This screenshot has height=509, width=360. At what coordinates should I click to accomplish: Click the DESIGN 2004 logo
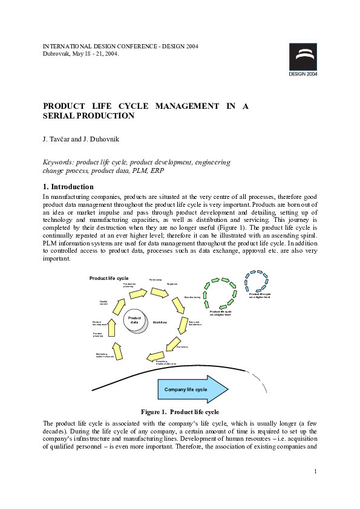click(x=303, y=60)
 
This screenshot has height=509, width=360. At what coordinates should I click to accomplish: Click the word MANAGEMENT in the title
click(x=187, y=106)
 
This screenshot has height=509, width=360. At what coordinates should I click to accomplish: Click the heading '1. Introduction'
click(x=68, y=187)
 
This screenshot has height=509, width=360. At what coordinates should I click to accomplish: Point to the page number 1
click(x=316, y=471)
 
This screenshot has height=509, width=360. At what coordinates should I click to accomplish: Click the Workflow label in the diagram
click(x=160, y=322)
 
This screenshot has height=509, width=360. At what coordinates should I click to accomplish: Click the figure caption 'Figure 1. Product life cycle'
click(x=180, y=412)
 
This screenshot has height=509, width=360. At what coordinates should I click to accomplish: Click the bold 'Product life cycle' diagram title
click(x=109, y=278)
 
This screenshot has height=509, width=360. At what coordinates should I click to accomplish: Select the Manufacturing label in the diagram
click(x=192, y=297)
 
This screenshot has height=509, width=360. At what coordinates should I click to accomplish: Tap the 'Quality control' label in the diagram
click(x=103, y=302)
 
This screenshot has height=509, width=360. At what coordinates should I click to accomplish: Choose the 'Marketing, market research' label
click(x=104, y=355)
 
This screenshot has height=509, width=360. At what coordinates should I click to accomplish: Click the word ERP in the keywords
click(x=157, y=170)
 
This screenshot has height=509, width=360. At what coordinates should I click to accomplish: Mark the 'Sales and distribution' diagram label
click(x=195, y=323)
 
